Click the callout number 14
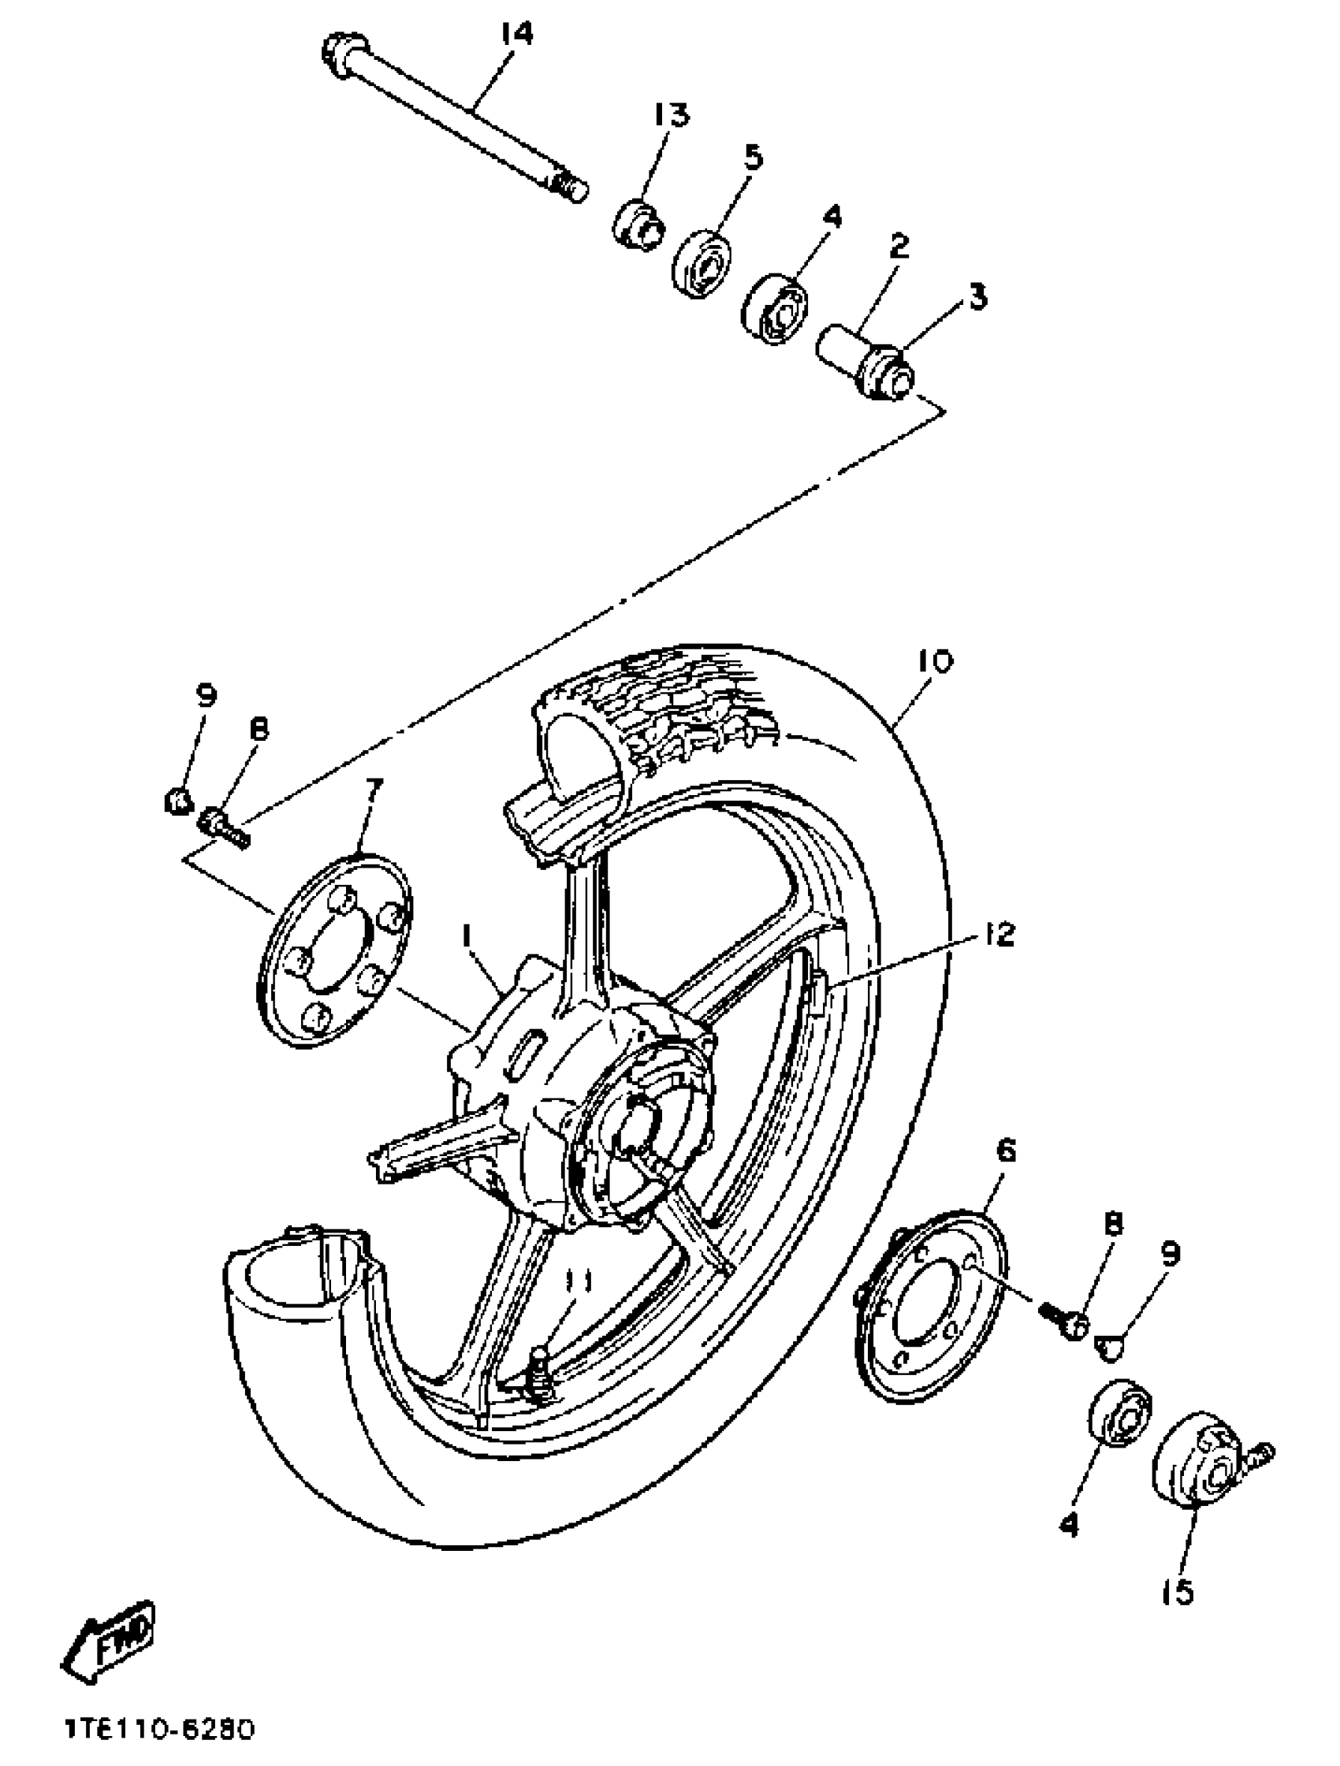(x=516, y=34)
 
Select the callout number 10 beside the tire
(x=935, y=661)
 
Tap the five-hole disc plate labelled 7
(x=336, y=950)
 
